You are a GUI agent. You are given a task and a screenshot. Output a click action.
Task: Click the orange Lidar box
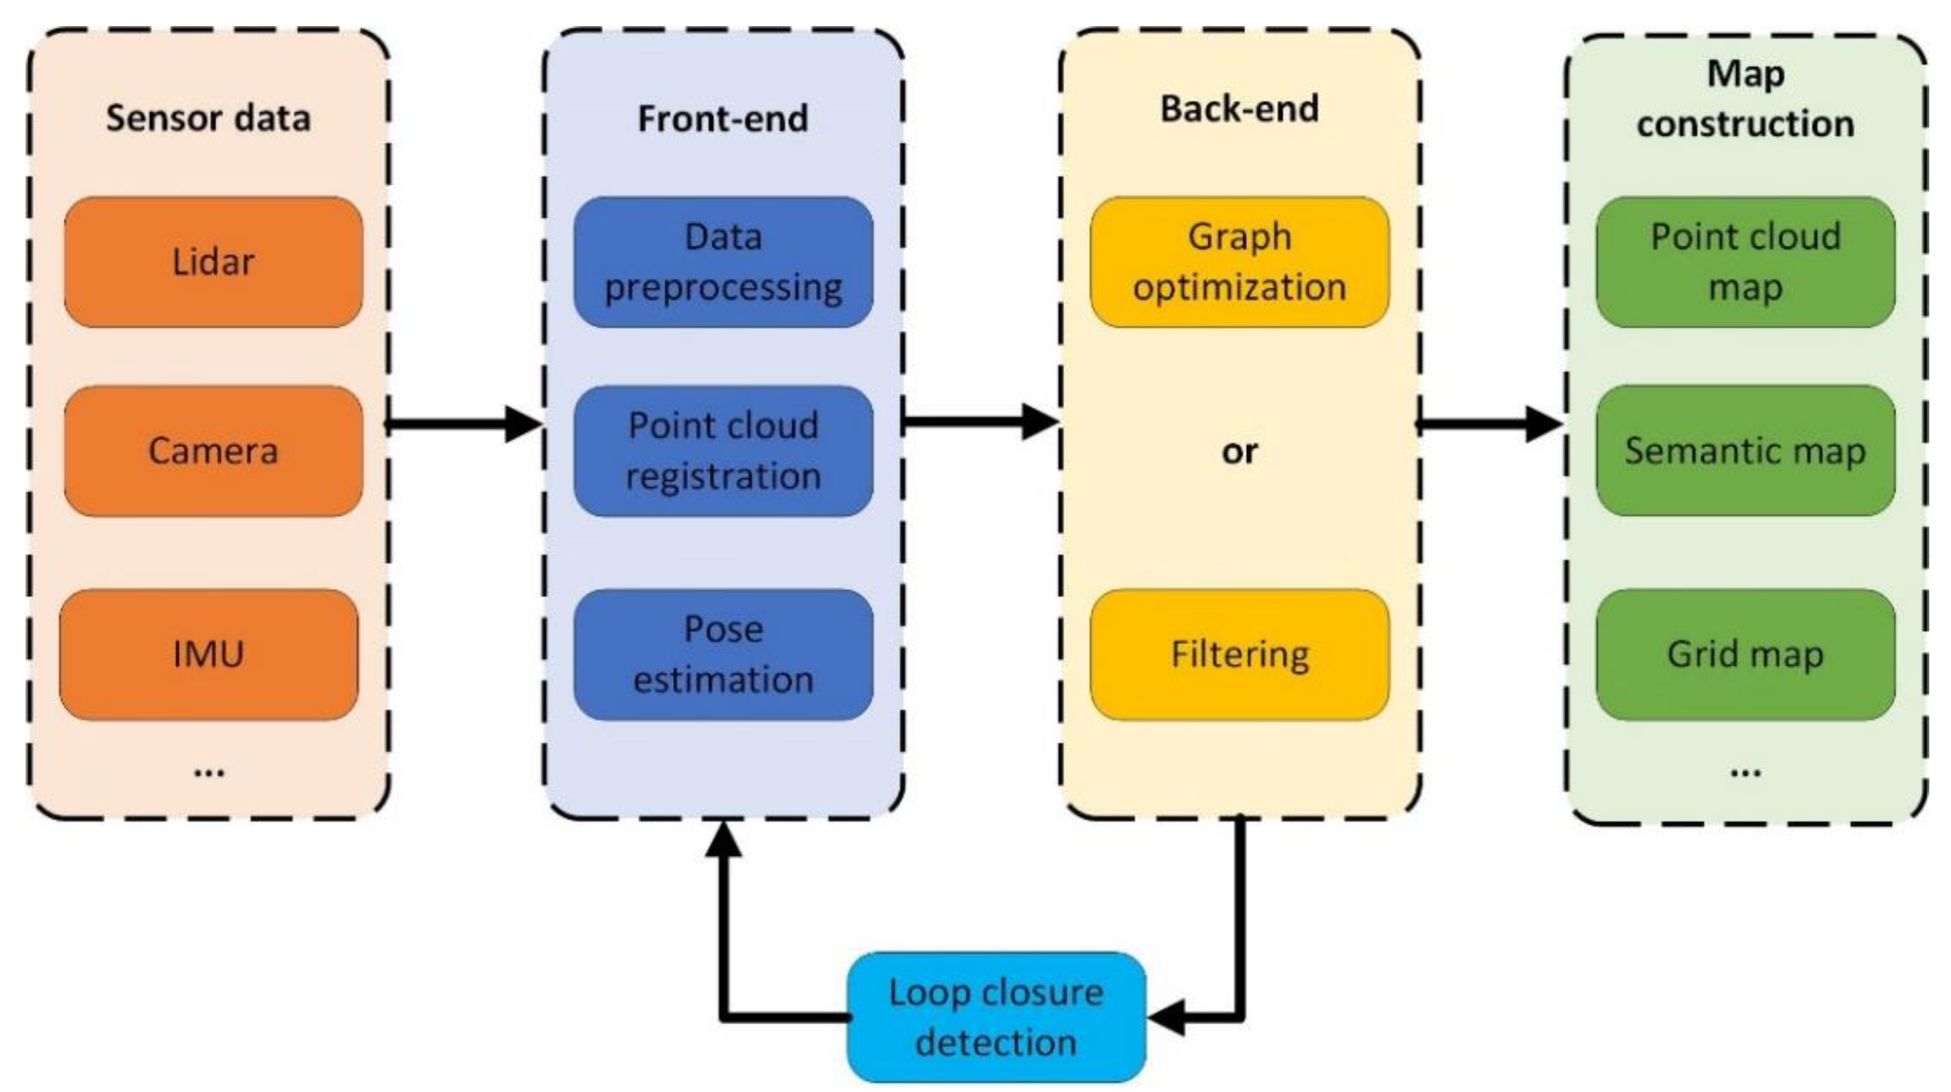point(213,262)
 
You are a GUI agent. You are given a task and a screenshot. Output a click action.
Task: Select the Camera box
point(213,450)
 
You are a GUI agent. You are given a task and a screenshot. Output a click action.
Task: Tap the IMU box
point(208,654)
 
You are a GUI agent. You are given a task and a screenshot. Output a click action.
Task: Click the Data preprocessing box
point(723,262)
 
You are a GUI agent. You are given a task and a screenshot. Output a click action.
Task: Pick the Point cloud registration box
point(723,450)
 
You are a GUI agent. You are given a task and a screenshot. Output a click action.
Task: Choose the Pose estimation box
point(723,654)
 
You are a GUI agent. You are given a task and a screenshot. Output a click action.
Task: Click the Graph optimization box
point(1240,262)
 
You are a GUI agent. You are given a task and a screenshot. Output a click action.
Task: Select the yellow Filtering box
point(1240,654)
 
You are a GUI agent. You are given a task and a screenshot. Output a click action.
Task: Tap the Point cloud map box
point(1746,262)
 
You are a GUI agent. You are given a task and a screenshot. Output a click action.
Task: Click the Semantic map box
point(1746,450)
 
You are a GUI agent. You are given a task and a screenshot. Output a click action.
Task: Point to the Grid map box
point(1746,654)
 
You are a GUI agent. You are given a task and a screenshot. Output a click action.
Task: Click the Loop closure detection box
point(996,1017)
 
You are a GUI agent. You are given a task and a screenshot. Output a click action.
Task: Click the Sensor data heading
point(208,118)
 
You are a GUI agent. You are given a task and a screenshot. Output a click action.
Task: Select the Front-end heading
point(723,118)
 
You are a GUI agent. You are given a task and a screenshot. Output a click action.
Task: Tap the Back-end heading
point(1240,108)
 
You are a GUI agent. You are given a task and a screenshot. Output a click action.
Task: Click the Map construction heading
point(1746,98)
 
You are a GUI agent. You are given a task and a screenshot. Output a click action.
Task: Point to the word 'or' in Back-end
point(1240,452)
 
